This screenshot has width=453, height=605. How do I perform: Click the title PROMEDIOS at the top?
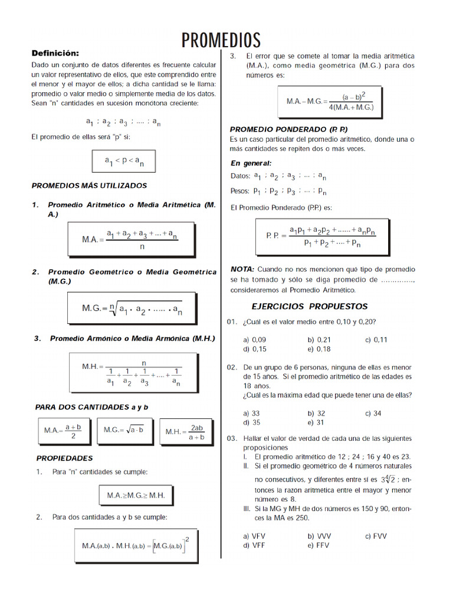[221, 40]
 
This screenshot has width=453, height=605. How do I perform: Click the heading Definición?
[55, 53]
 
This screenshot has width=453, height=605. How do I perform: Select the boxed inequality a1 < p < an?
[124, 161]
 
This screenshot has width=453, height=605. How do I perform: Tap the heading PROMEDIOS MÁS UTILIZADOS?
[88, 186]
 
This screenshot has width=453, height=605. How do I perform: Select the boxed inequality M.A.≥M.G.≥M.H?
[136, 495]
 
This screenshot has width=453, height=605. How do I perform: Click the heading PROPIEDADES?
[64, 458]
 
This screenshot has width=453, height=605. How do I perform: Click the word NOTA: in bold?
[242, 269]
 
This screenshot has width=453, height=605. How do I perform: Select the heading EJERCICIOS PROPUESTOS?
[309, 306]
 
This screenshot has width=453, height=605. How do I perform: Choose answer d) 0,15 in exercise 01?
[255, 349]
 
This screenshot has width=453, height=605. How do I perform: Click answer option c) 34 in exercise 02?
[373, 414]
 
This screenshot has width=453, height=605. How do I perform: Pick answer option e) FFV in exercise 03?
[319, 545]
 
